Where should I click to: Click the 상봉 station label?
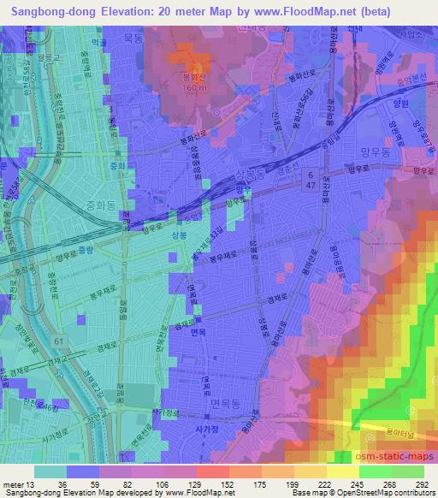pyautogui.click(x=176, y=234)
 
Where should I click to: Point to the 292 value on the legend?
pyautogui.click(x=423, y=482)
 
